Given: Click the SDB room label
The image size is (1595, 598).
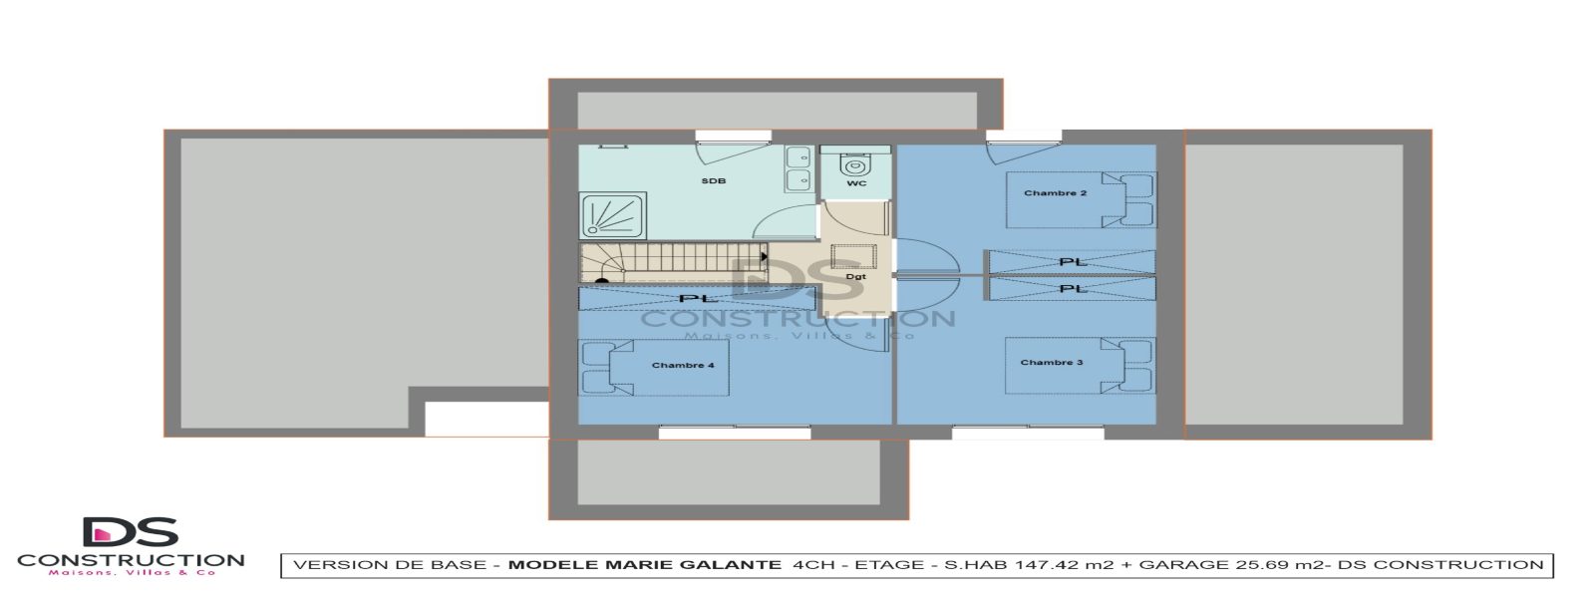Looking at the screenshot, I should click(713, 181).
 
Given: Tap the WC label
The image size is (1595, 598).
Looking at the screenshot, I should click(856, 183).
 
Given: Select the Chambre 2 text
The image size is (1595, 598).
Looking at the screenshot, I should click(1055, 193).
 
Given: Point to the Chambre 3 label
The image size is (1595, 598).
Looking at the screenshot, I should click(1052, 363).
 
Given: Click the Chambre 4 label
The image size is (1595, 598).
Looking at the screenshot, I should click(683, 366).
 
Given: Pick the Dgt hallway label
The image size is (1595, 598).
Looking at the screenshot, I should click(855, 277).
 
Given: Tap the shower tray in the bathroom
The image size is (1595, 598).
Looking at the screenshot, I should click(613, 215).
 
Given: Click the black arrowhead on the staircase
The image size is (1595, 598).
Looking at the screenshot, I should click(764, 257).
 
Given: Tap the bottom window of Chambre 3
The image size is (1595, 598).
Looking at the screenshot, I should click(1027, 434).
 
